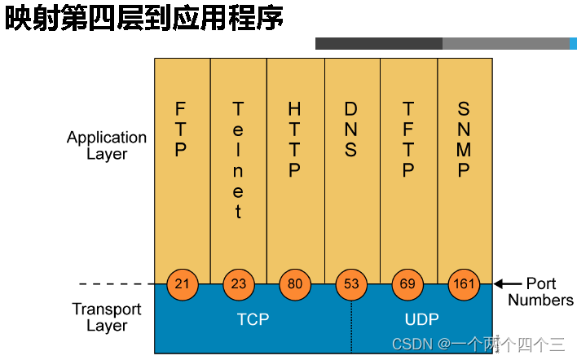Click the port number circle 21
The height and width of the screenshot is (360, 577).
(182, 284)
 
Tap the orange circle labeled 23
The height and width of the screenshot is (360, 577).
(238, 284)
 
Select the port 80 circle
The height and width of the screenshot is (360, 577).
(294, 284)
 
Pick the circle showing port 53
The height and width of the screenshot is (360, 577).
(351, 284)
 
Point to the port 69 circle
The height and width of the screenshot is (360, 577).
(407, 284)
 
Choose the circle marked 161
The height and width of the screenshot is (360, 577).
(464, 284)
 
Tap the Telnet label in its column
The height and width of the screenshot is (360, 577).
(238, 160)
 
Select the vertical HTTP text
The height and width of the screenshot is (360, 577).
(294, 139)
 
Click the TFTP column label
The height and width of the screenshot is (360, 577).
(407, 139)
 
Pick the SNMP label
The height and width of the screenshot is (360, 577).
(464, 139)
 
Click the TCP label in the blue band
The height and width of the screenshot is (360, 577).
(253, 319)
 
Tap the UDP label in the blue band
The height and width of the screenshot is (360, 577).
(421, 319)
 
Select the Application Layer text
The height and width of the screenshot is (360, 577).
(107, 145)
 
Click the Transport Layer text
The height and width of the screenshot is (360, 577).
(107, 317)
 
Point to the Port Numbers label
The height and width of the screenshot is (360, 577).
(540, 292)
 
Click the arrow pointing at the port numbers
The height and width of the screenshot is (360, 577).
(508, 284)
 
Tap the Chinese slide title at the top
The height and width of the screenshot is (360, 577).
(145, 18)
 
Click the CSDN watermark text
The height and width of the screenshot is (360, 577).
(478, 344)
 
